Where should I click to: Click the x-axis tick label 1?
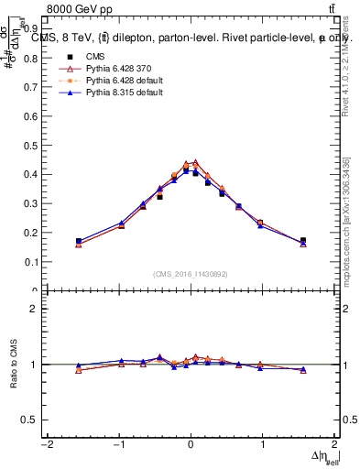point(262,444)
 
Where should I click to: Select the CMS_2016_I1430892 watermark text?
point(191,274)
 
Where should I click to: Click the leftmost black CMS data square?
point(79,241)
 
